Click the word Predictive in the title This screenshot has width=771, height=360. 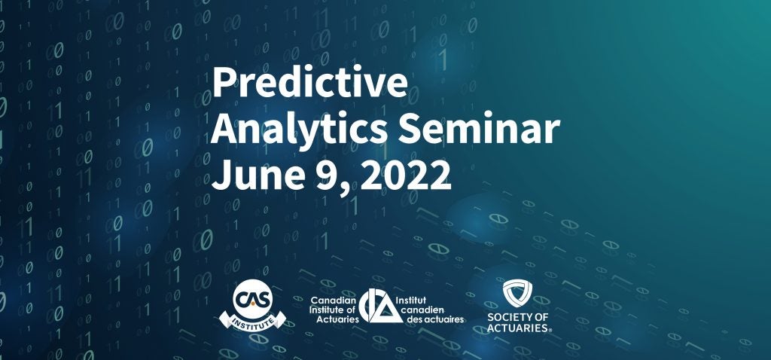309,82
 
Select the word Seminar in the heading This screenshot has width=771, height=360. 479,129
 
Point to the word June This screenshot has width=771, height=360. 258,175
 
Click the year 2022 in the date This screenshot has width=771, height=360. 405,175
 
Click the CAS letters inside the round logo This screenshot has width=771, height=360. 252,299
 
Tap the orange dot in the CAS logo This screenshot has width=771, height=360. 252,304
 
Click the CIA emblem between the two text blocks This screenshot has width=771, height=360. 381,306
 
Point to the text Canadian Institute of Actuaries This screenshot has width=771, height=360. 334,310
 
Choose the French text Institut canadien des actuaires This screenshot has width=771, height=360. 435,310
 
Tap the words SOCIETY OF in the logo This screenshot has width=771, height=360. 517,317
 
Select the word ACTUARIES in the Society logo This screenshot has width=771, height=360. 517,328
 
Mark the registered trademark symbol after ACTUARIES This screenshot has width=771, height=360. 550,331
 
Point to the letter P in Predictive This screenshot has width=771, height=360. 223,82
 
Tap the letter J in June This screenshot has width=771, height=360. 221,175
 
